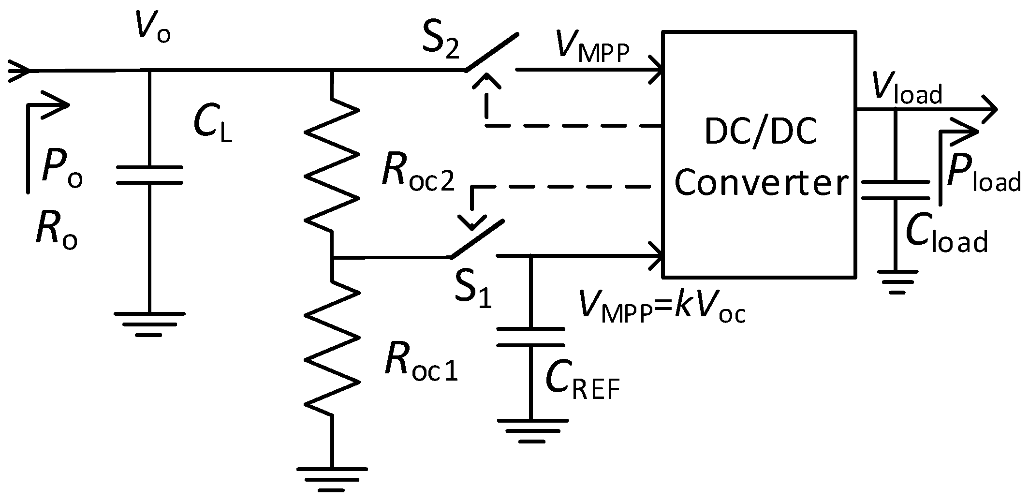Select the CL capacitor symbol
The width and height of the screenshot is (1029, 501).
149,175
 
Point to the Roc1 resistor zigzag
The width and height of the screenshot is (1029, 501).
332,348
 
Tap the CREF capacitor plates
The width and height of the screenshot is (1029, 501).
530,337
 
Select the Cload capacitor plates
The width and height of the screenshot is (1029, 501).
896,190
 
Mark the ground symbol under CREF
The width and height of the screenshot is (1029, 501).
530,430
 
